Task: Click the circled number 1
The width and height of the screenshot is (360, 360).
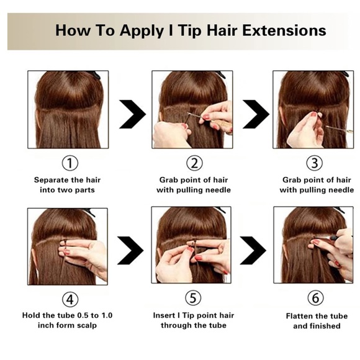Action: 70,164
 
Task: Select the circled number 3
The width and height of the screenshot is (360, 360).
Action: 316,164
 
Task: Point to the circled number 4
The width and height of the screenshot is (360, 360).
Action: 70,299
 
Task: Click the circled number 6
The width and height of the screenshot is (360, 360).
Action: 316,299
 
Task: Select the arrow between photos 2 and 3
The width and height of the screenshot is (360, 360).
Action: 254,114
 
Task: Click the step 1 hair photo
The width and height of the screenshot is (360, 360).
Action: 68,109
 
